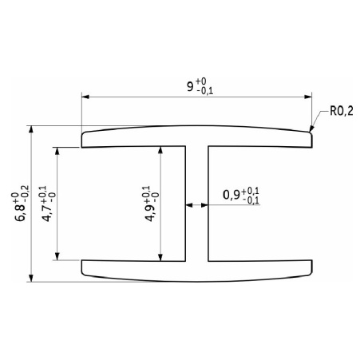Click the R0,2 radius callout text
[x=342, y=111]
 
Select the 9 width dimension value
[x=190, y=86]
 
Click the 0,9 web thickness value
[x=231, y=195]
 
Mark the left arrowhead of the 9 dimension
[x=85, y=97]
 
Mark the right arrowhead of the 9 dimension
[x=308, y=97]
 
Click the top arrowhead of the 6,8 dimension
[x=31, y=129]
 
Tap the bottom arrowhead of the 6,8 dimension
[x=31, y=278]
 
